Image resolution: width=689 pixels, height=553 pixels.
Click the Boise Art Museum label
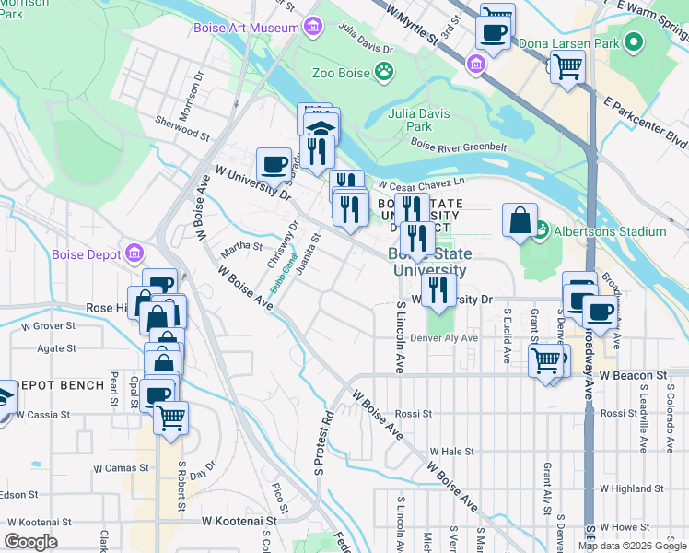pos(246,28)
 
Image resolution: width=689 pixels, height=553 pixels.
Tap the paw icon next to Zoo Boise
pos(384,71)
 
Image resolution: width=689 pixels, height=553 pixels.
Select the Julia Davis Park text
pos(410,120)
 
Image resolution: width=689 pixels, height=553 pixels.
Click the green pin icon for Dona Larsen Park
pos(633,42)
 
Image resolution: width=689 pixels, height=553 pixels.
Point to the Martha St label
pos(241,247)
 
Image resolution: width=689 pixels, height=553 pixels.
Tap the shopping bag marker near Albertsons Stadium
pos(520,220)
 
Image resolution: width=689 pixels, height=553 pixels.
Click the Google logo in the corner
pos(30,542)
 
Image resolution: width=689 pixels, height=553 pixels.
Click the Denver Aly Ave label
pos(444,338)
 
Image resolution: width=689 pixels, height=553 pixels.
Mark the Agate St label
pos(56,348)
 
